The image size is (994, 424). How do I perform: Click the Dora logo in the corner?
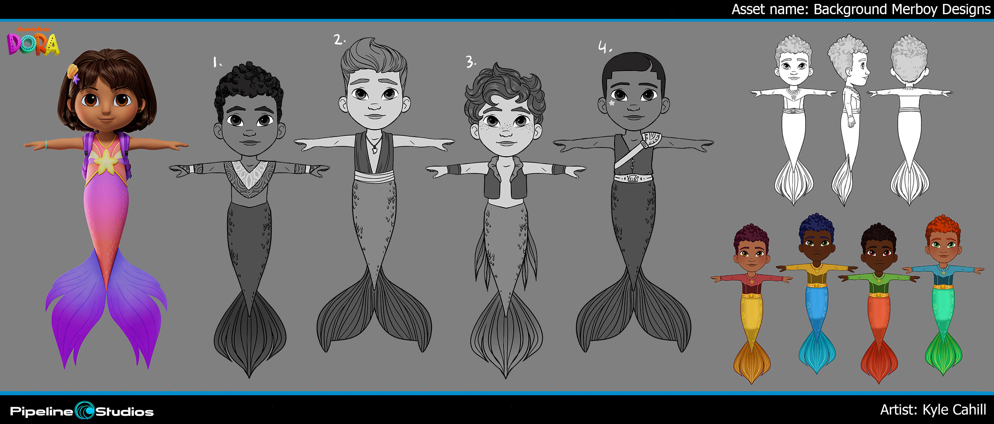[33, 41]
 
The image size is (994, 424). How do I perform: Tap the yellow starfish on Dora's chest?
[106, 161]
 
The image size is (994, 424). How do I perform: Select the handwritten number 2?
[339, 39]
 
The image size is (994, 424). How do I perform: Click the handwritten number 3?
[470, 62]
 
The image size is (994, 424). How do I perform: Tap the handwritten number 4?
[605, 47]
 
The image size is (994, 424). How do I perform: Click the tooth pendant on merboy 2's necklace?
[374, 149]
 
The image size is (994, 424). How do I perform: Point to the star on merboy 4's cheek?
[612, 103]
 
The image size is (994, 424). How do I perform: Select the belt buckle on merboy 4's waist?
[633, 178]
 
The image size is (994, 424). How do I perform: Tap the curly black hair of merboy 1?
[249, 87]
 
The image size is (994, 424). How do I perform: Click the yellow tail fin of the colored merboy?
[752, 363]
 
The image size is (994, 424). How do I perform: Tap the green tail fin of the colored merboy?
[943, 354]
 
